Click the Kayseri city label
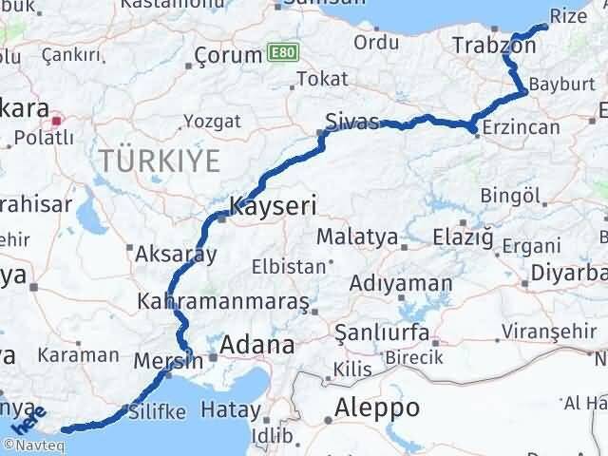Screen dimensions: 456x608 point(273,205)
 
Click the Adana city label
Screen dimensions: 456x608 point(256,346)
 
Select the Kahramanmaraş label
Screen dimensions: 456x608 point(223,301)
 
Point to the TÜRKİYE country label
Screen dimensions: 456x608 point(159,159)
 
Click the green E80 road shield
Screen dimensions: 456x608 point(280,51)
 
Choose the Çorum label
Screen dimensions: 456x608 point(228,56)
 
